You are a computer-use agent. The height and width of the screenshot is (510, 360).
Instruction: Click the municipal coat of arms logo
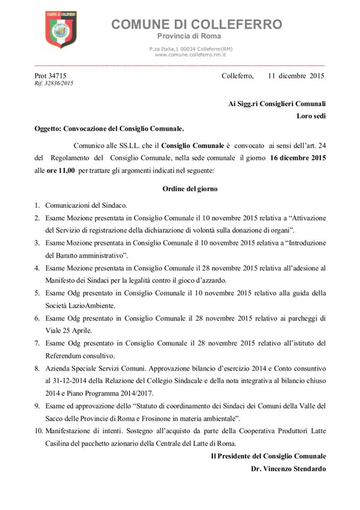coord(61,30)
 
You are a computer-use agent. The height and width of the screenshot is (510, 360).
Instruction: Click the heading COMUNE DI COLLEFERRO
coord(196,24)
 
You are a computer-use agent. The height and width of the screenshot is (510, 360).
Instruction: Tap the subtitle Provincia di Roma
coord(184,36)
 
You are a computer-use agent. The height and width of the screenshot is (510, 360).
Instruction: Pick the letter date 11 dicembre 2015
coord(296,75)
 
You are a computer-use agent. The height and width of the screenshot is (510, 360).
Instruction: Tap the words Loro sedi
coord(311,116)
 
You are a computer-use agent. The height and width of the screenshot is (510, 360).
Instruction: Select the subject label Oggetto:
coord(48,129)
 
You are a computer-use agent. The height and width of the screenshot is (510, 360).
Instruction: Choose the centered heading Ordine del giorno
coord(190,189)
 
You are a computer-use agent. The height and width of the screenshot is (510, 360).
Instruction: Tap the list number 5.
coord(37,293)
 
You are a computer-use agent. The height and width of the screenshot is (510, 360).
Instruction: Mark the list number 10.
coord(39,430)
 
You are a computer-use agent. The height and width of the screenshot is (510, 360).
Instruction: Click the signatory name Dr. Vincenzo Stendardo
coord(288,469)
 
